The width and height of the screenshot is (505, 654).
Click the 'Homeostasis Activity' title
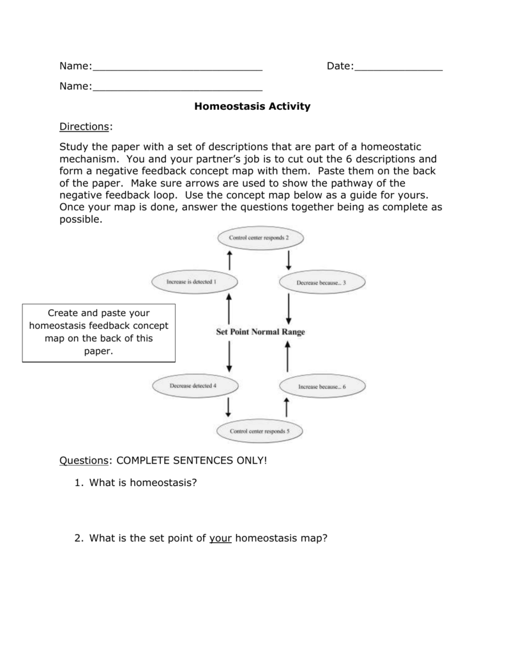coord(252,106)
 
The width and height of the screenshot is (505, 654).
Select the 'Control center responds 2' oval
coord(259,238)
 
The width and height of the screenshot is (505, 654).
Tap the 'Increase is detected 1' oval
coord(192,281)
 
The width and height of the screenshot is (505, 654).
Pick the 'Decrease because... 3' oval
coord(321,282)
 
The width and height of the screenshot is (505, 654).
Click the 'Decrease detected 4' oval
coord(193,386)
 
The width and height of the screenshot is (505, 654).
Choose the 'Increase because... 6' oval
coord(322,386)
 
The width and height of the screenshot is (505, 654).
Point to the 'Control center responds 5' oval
coord(259,431)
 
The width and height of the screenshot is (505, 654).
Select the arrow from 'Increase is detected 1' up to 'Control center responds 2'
coord(229,259)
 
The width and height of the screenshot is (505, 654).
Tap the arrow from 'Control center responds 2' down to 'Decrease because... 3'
coord(289,259)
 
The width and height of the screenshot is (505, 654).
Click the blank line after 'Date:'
coord(398,66)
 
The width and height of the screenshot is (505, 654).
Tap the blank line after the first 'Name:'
coord(177,66)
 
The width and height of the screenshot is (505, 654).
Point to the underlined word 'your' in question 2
coord(220,538)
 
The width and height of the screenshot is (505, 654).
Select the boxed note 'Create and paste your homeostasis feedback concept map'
coord(98,332)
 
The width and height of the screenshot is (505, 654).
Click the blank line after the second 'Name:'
coord(177,86)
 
